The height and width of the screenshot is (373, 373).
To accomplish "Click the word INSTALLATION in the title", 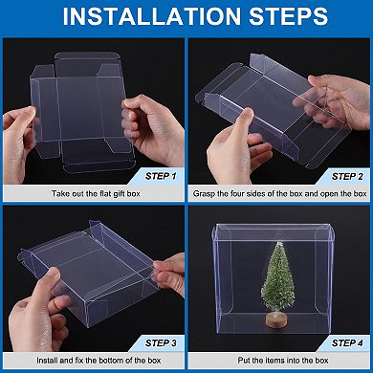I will click(140, 17).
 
